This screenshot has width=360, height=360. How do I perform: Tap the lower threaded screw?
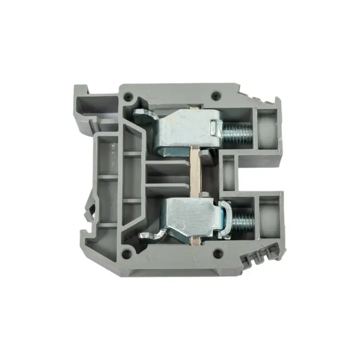[242, 221]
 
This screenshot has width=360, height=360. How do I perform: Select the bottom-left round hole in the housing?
[126, 252]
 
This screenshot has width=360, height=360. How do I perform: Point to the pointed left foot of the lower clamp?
[144, 235]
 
